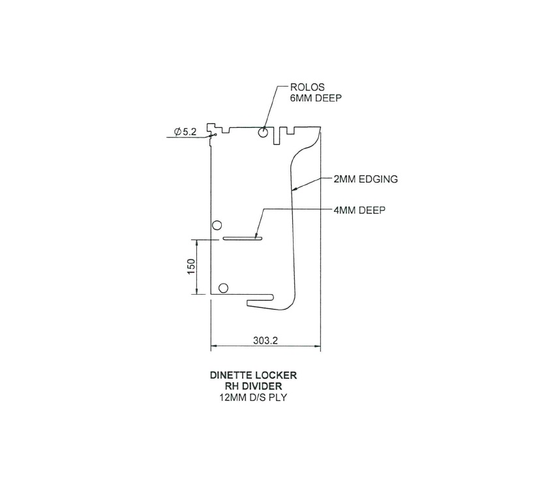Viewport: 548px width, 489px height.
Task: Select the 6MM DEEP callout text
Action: coord(316,98)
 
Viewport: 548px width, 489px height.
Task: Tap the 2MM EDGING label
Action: coord(365,179)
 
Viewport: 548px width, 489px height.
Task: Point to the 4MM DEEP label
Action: coord(359,210)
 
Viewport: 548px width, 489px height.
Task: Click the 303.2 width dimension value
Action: coord(266,340)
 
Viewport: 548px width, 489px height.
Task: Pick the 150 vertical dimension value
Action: coord(191,267)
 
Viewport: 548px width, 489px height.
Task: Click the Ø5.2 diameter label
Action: coord(185,132)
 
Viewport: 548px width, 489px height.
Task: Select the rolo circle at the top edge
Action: coord(263,132)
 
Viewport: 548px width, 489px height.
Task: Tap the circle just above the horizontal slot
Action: coord(217,226)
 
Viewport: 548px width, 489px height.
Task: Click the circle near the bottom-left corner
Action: coord(223,288)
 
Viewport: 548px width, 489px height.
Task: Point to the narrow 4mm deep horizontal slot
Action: coord(243,239)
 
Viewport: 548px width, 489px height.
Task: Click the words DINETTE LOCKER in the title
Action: coord(253,375)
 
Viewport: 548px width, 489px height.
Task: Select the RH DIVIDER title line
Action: coord(253,386)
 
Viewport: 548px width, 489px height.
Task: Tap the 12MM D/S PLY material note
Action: coord(253,398)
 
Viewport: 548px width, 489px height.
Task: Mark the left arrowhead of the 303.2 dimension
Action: coord(213,346)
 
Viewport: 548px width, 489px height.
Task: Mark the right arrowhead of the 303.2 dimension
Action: coord(318,346)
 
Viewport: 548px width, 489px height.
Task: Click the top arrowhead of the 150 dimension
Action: coord(197,242)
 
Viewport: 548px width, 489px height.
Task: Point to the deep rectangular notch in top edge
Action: coord(277,136)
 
